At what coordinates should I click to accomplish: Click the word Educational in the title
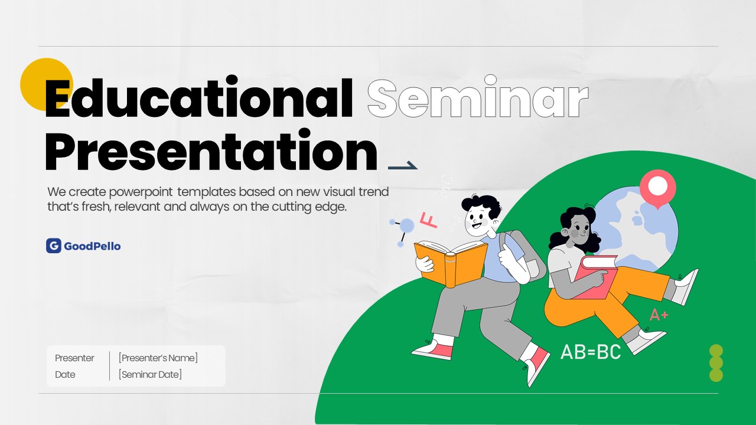point(199,98)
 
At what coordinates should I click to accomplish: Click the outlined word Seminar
point(478,98)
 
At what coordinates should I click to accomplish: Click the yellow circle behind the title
point(47,84)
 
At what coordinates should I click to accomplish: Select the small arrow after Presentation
point(403,166)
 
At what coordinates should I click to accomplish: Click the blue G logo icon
point(54,246)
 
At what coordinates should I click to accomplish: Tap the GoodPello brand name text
point(92,246)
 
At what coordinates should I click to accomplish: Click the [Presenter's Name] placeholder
point(158,358)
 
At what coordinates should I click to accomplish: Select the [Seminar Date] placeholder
point(150,374)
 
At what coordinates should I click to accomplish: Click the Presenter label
point(74,358)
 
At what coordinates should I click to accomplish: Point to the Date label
point(65,374)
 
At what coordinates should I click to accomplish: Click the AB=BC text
point(591,352)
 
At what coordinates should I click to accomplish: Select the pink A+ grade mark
point(659,315)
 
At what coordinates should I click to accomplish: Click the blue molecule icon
point(402,231)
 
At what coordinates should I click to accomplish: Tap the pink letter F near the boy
point(429,220)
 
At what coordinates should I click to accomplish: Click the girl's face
point(579,231)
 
